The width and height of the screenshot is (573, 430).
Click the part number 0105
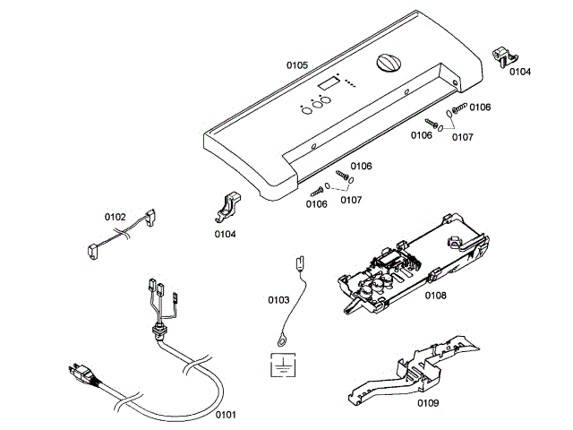[296, 64]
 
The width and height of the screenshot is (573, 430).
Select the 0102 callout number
[115, 216]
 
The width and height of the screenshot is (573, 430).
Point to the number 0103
[278, 300]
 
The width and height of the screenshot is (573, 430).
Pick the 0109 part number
[427, 403]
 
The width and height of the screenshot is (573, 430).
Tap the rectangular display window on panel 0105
[326, 83]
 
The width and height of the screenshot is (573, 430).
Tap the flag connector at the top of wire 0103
[299, 263]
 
